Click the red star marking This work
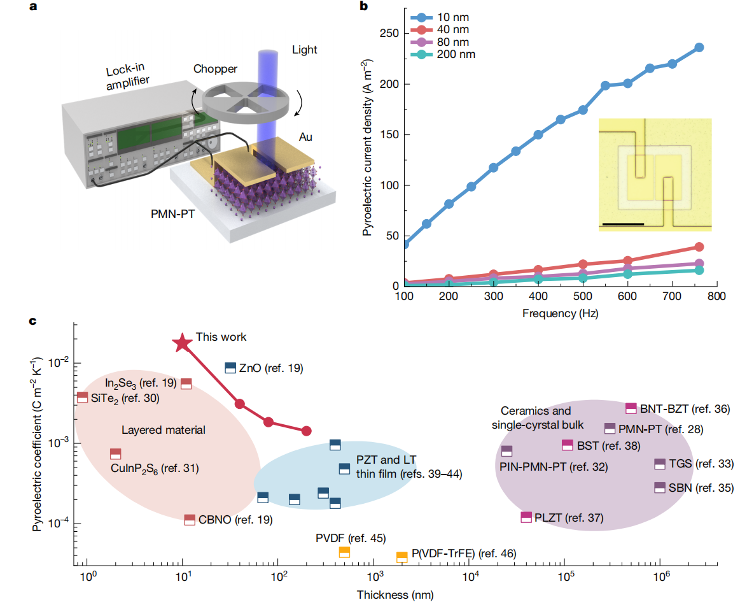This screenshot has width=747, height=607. point(183,342)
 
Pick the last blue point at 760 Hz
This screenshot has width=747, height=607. point(699,47)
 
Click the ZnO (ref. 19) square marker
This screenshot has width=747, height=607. point(230,368)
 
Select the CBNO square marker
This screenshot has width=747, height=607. point(190,520)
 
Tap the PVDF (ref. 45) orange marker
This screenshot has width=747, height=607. point(344,552)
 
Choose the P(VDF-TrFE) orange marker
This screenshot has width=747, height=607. point(402,557)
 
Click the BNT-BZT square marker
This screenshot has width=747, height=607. point(631,408)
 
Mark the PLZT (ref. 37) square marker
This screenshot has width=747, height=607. point(526,517)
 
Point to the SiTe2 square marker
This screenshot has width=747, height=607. point(82,397)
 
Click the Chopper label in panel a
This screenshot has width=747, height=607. point(216,69)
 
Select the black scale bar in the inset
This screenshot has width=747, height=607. point(622,224)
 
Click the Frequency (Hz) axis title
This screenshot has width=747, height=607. point(560,313)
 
